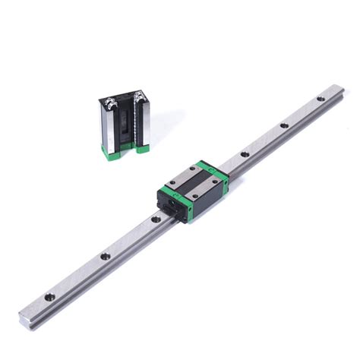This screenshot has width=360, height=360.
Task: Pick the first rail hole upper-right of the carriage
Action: [244, 154]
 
